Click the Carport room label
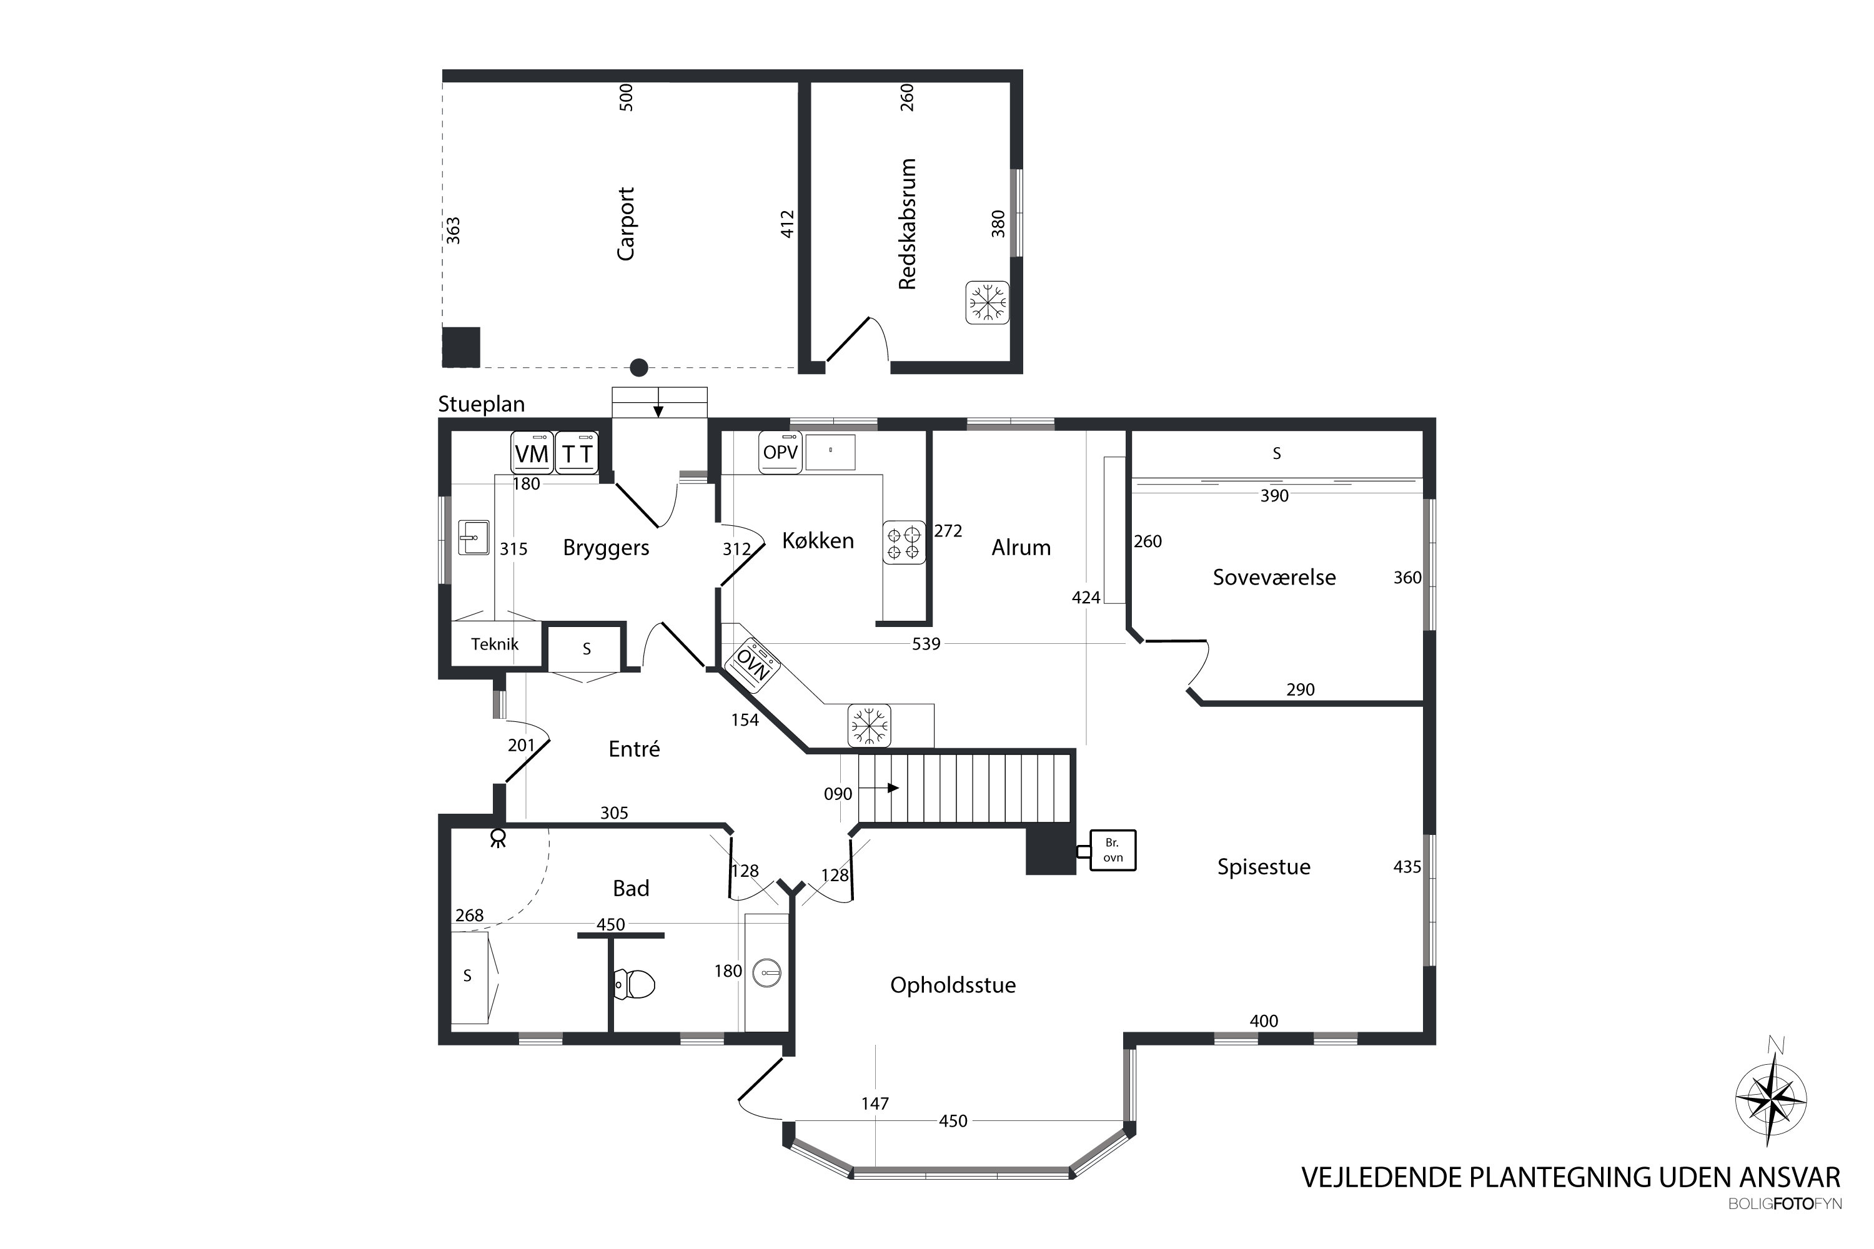pos(627,224)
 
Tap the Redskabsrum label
pos(908,224)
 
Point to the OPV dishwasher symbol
pos(780,452)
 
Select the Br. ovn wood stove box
pos(1113,850)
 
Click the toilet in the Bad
pos(635,984)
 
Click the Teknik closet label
pos(495,644)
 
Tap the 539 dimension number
pos(926,644)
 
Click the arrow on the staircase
pos(881,787)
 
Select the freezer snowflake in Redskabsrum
pos(987,303)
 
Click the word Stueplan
pos(481,405)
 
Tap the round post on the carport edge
pos(639,367)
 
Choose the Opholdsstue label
pos(953,985)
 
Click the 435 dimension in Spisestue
pos(1407,867)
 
